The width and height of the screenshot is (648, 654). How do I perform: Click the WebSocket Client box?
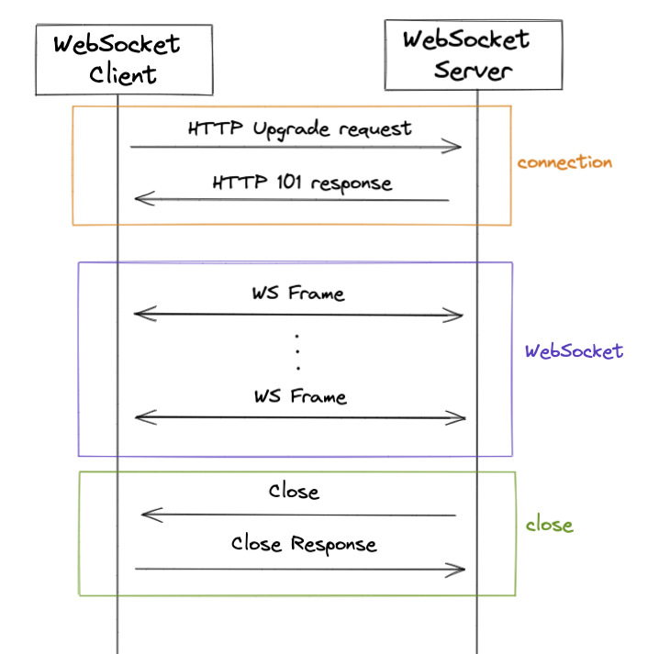pyautogui.click(x=124, y=59)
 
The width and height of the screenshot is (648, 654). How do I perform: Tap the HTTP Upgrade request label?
pyautogui.click(x=300, y=128)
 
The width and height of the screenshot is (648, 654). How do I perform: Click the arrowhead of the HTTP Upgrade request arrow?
pyautogui.click(x=456, y=147)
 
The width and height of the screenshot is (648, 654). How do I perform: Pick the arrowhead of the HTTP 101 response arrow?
pyautogui.click(x=140, y=198)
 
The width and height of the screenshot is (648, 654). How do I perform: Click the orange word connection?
pyautogui.click(x=564, y=162)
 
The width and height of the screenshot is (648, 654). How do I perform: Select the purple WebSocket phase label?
pyautogui.click(x=574, y=351)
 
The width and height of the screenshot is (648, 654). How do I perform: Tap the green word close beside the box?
pyautogui.click(x=549, y=526)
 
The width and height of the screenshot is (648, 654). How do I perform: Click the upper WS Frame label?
pyautogui.click(x=299, y=294)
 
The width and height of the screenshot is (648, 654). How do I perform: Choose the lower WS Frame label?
pyautogui.click(x=301, y=397)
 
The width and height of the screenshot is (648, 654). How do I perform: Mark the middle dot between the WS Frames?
pyautogui.click(x=298, y=352)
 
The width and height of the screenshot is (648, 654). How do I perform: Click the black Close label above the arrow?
pyautogui.click(x=294, y=492)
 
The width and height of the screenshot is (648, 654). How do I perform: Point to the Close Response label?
pyautogui.click(x=304, y=544)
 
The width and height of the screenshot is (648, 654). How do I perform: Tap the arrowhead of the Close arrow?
pyautogui.click(x=146, y=515)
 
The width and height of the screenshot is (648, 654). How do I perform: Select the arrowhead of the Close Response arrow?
pyautogui.click(x=460, y=571)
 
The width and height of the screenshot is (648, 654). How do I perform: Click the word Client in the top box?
pyautogui.click(x=124, y=74)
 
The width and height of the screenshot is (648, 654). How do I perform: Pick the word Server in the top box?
pyautogui.click(x=471, y=71)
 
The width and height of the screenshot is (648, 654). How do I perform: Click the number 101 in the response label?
pyautogui.click(x=289, y=182)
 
